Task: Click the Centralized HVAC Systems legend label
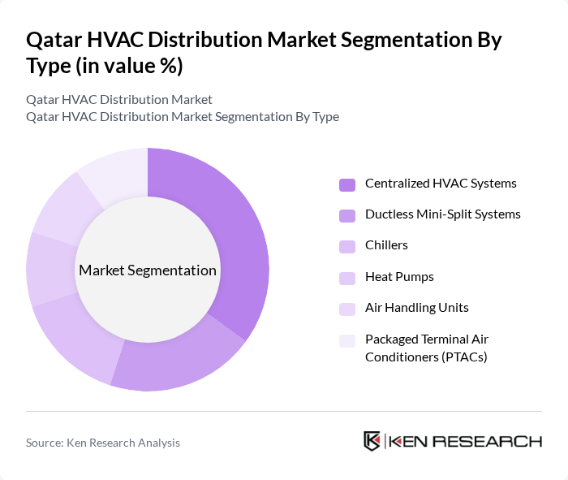(441, 184)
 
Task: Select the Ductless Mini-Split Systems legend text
(442, 214)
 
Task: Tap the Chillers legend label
(386, 245)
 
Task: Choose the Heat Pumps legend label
(399, 277)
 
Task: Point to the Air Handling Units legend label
(416, 308)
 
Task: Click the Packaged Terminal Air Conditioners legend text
(426, 348)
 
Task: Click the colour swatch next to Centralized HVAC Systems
(347, 184)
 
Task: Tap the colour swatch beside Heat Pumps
(347, 278)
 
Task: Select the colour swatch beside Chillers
(347, 246)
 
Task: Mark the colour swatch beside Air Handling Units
(347, 309)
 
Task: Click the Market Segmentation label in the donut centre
(148, 270)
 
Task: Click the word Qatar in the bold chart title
(54, 40)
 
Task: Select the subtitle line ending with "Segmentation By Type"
(183, 117)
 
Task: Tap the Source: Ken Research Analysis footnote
(103, 443)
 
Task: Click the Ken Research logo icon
(372, 441)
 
